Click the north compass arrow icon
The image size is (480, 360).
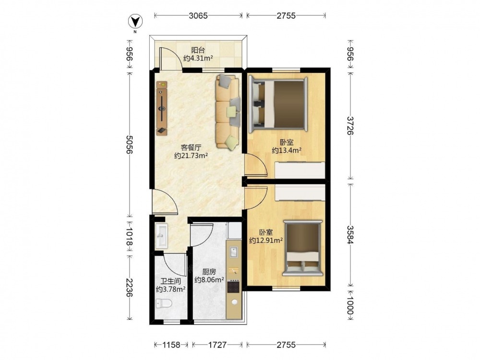pos(135,22)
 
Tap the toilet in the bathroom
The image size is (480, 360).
pos(164,303)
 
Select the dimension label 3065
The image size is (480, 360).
pos(198,16)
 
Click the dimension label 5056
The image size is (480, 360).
pos(130,145)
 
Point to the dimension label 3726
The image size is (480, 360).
pos(350,125)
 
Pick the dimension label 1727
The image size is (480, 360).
pos(217,345)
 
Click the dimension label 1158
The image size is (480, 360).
pos(171,345)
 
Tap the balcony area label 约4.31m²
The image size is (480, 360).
pos(198,58)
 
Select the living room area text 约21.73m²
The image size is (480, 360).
pos(192,156)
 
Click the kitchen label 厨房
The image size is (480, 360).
pos(209,272)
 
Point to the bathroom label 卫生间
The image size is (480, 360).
pos(171,281)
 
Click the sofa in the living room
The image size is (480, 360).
pos(228,112)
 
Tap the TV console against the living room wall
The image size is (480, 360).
pos(162,108)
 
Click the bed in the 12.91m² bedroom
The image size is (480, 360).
pos(303,248)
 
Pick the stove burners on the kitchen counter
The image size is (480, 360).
pos(234,287)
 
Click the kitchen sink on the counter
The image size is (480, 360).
pos(234,253)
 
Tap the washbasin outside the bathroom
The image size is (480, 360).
pos(161,236)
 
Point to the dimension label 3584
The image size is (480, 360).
pos(350,235)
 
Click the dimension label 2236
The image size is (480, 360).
pos(130,288)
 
